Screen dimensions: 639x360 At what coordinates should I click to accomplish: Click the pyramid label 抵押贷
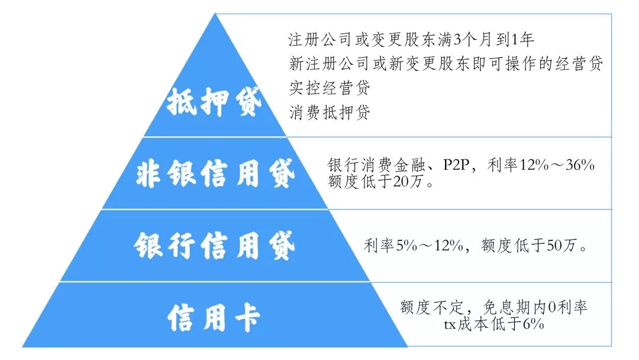214,101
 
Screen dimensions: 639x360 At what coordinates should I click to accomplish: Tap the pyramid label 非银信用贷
215,173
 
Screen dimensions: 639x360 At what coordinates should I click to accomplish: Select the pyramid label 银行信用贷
214,246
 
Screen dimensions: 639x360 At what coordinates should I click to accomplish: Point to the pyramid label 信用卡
214,317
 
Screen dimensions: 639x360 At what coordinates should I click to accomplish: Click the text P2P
456,165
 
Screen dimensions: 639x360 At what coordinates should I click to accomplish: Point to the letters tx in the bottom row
450,325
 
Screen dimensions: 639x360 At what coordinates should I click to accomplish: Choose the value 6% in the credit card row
533,324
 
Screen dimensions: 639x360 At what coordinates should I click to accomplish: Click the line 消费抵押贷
330,112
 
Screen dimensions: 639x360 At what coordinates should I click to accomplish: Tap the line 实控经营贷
330,88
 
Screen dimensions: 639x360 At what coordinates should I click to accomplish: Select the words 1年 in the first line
522,40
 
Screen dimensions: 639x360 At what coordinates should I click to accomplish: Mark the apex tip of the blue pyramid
215,14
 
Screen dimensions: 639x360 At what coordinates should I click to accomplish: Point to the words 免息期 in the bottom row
506,307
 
